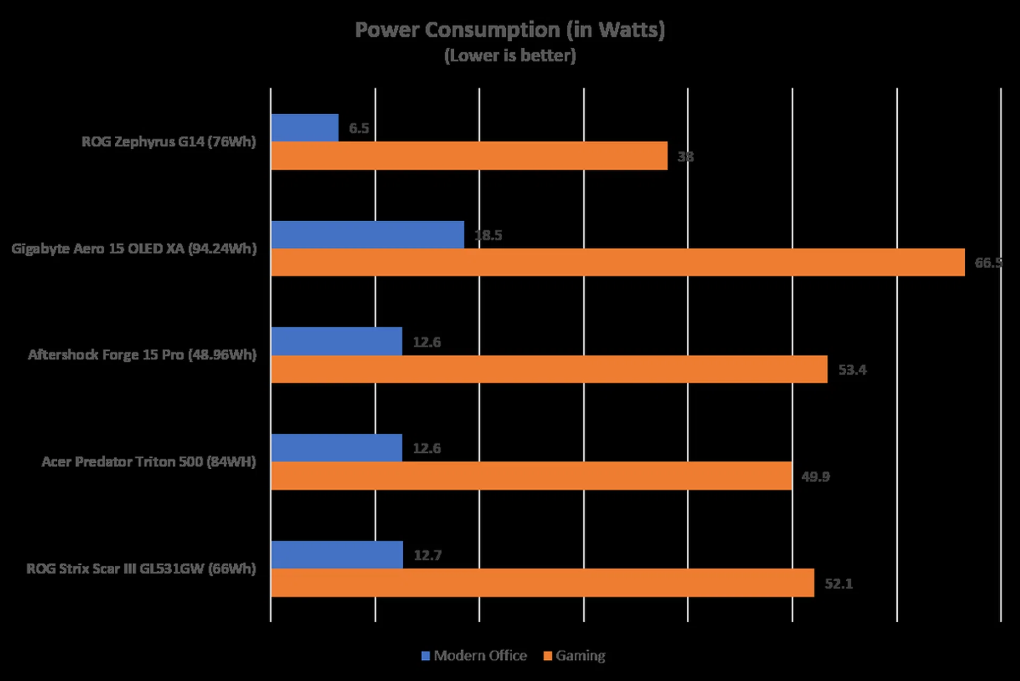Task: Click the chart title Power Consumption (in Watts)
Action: (509, 30)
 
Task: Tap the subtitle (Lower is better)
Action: (509, 55)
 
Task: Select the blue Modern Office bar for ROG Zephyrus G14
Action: (304, 128)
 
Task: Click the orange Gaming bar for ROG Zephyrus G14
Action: (469, 156)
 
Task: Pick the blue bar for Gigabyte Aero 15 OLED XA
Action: (367, 235)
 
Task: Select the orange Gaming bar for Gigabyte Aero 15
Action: (617, 262)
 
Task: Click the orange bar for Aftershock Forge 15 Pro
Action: (549, 369)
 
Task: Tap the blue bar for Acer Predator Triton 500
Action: (336, 448)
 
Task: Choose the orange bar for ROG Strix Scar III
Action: (542, 583)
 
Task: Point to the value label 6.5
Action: (359, 128)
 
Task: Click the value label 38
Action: (685, 157)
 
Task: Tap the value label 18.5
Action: (488, 235)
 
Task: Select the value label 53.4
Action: (852, 370)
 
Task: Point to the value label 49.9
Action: (815, 477)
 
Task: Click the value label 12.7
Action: (428, 555)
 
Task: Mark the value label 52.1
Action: (838, 584)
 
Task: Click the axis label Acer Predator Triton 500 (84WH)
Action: (149, 462)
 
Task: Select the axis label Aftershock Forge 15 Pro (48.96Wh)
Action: (142, 355)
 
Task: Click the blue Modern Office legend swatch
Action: (426, 656)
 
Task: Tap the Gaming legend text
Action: (580, 656)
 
